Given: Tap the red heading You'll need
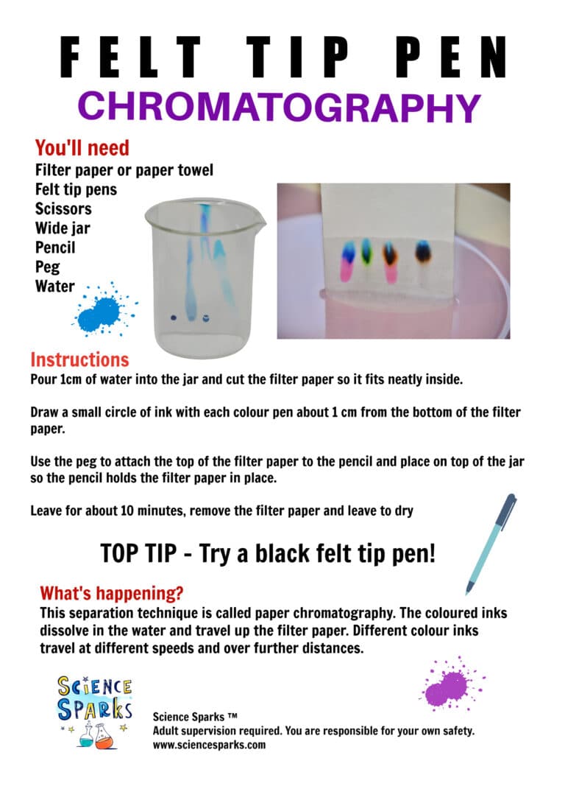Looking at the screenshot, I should coord(82,148).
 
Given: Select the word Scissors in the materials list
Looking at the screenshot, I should coord(63,208).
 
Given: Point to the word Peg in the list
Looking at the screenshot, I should coord(48,266).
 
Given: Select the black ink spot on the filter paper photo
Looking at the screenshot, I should coord(423,253).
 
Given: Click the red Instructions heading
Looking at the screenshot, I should coord(79,360).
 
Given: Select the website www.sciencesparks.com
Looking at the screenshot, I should coord(209,745).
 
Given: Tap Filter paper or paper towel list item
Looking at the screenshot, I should coord(124,170).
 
